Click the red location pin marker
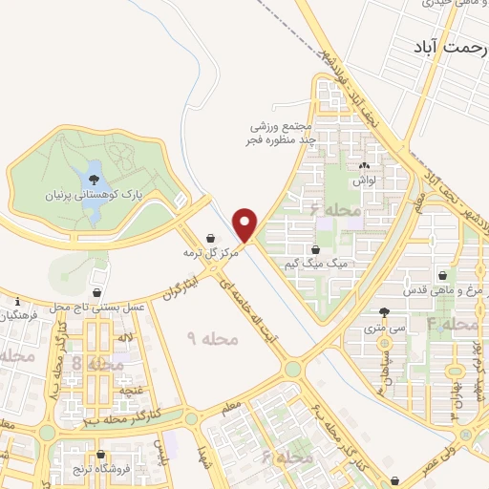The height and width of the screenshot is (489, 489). point(245,223)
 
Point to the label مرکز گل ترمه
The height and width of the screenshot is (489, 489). point(210,254)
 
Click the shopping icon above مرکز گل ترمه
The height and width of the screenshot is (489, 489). point(210,239)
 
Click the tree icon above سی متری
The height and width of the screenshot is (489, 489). point(384,312)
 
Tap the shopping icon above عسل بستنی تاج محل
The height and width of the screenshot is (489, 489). point(97,291)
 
